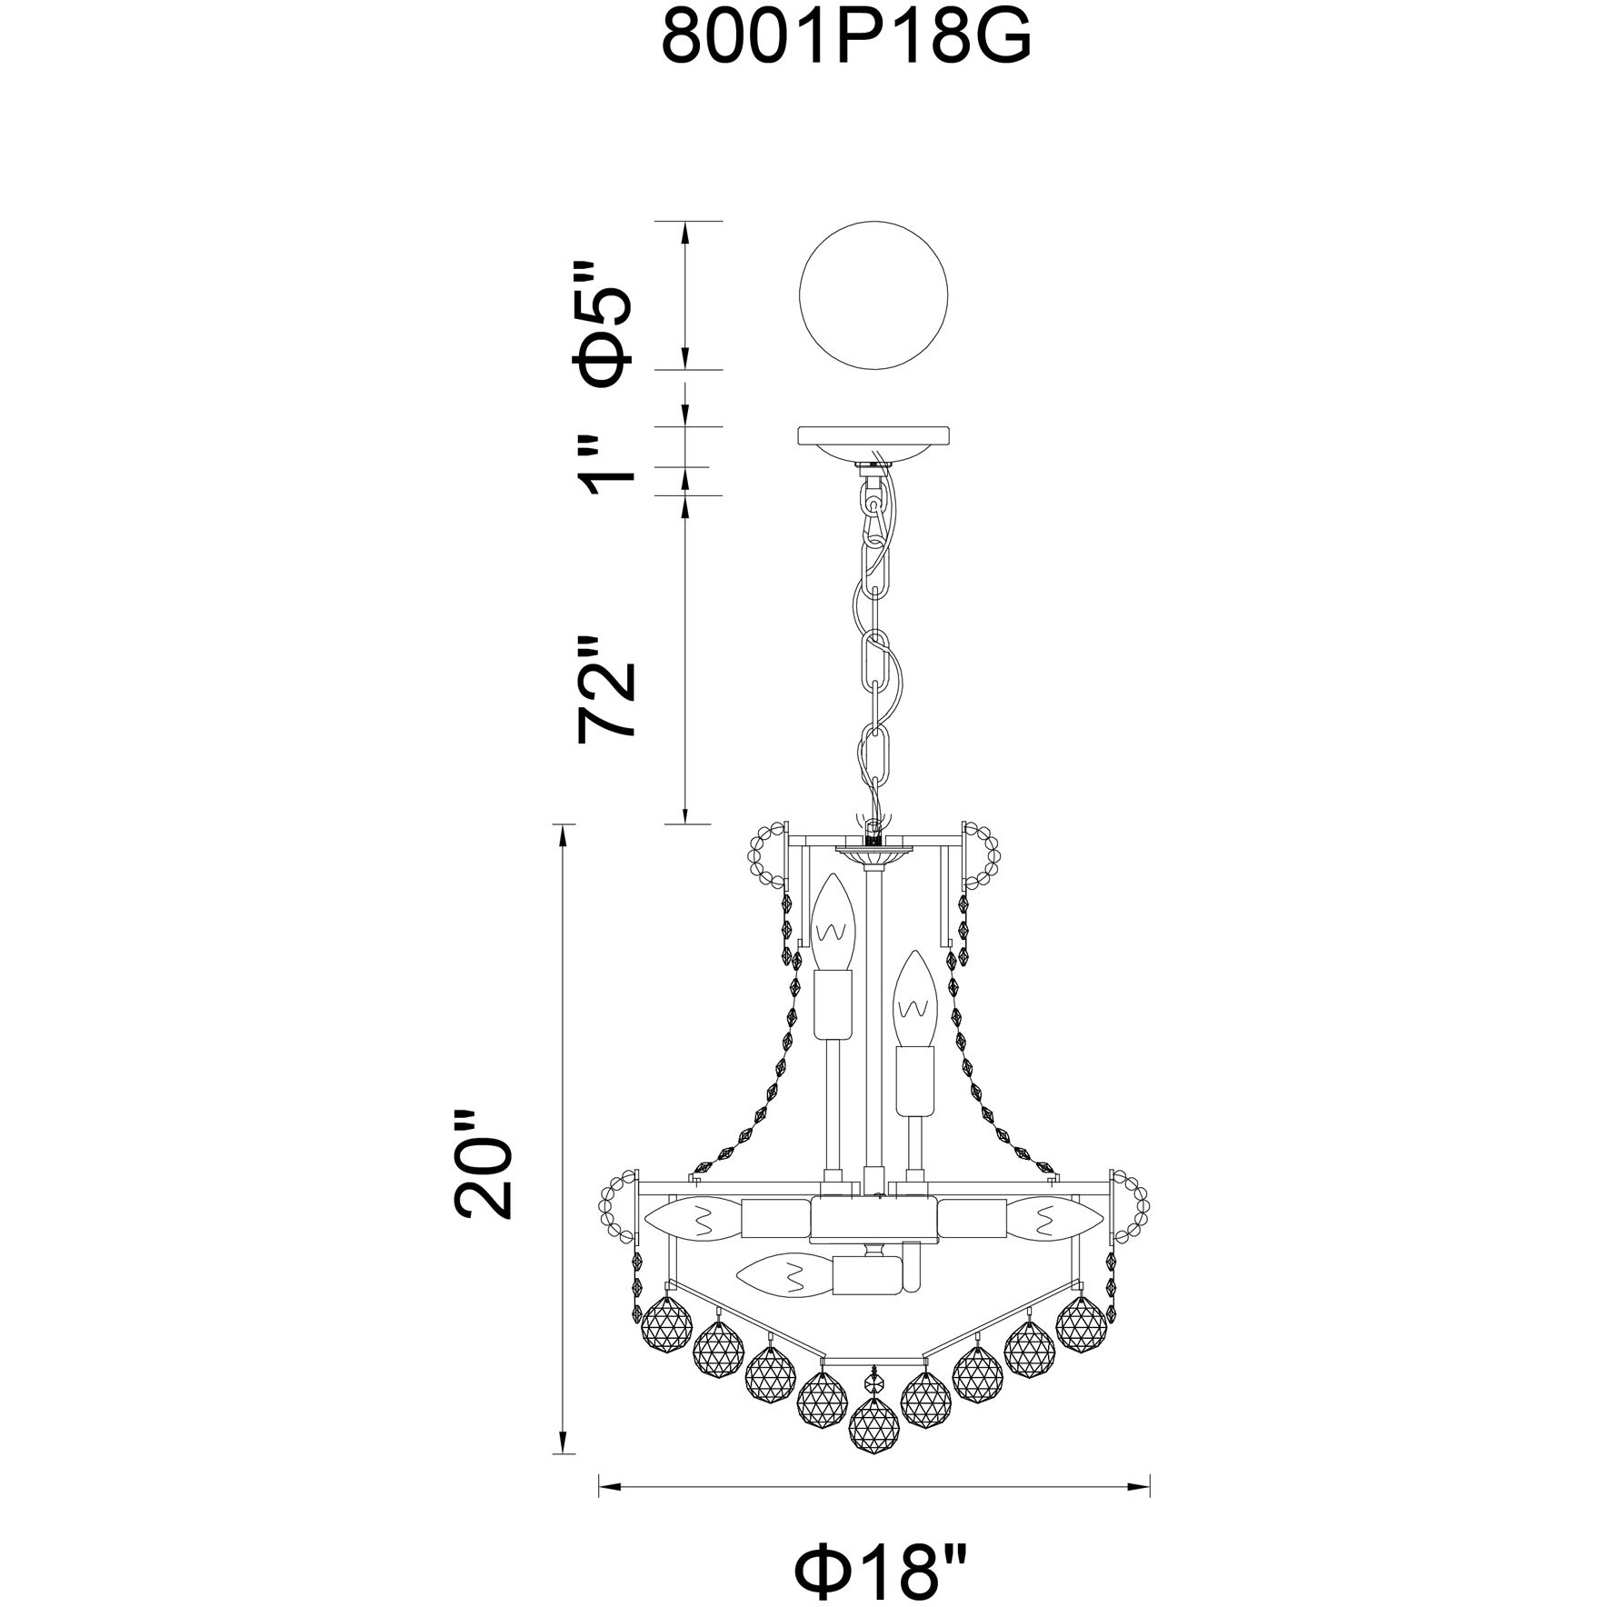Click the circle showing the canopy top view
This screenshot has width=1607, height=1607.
pos(873,295)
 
